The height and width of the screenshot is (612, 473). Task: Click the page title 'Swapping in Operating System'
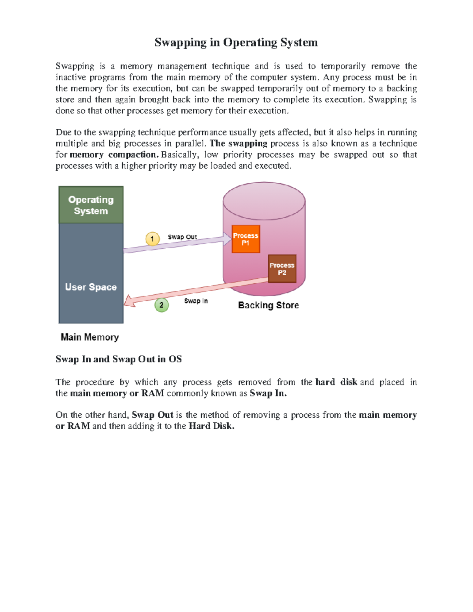click(x=236, y=42)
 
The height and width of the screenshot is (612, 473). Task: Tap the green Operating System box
click(x=91, y=205)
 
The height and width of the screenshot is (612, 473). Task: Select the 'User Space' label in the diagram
click(x=91, y=287)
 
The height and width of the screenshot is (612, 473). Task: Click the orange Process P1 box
click(x=246, y=239)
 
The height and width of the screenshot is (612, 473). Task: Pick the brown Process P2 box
click(x=282, y=269)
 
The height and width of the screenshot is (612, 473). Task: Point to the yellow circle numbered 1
click(x=153, y=239)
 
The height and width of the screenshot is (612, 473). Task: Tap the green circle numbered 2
click(x=161, y=305)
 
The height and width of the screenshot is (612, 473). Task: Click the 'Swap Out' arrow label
click(x=182, y=237)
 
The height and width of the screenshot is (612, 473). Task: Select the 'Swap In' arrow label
click(x=196, y=301)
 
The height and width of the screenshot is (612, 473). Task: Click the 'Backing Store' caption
click(x=268, y=305)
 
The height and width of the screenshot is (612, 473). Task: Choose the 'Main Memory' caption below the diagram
click(x=89, y=337)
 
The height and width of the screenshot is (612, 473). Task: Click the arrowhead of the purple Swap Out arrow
click(x=227, y=238)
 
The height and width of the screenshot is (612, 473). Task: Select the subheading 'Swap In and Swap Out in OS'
click(x=119, y=359)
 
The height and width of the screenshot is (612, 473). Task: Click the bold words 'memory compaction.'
click(x=114, y=154)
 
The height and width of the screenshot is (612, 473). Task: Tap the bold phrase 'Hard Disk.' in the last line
click(x=212, y=426)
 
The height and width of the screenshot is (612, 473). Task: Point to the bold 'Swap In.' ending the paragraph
click(x=268, y=393)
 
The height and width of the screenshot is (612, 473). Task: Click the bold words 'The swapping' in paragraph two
click(x=238, y=143)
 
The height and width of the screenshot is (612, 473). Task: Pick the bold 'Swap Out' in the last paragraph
click(x=153, y=415)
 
